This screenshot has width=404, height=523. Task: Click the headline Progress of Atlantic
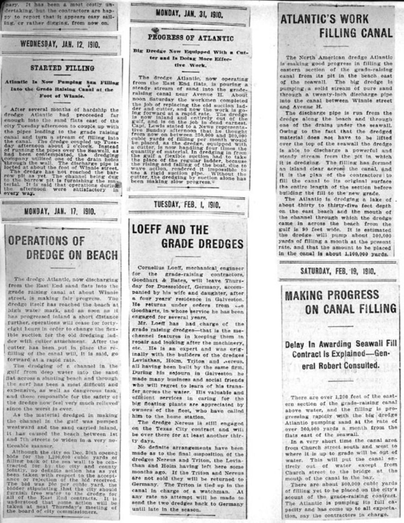[191, 38]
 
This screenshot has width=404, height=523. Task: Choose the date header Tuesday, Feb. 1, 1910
[188, 205]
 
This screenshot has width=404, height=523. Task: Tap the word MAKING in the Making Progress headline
[306, 296]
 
